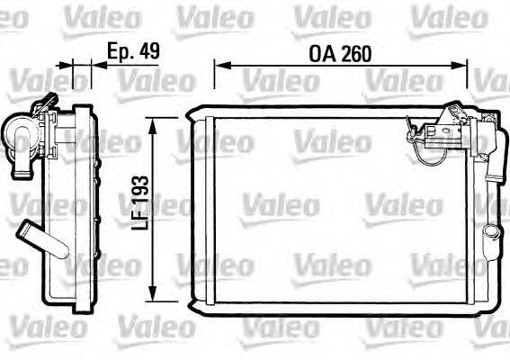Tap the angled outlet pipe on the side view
[x=35, y=237]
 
